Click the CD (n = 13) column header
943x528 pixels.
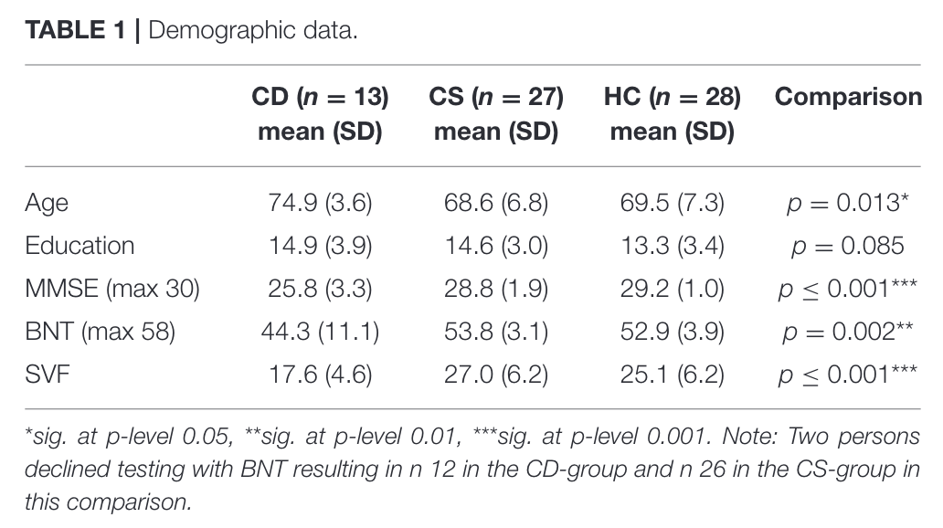320,113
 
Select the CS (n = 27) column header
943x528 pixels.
496,113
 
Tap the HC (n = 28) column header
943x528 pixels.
673,113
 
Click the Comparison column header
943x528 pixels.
848,97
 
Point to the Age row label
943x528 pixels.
47,204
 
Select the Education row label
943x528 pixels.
79,246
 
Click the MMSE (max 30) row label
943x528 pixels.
111,289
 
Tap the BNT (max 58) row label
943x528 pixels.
100,332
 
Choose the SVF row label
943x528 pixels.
48,374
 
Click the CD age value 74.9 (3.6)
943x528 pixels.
320,203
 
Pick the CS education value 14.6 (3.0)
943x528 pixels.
496,246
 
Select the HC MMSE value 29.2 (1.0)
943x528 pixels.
673,289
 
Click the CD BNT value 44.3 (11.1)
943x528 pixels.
320,332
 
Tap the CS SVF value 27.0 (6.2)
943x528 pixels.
496,374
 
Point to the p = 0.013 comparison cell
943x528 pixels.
847,203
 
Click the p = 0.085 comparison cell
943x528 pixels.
847,246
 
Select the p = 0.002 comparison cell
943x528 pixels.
847,332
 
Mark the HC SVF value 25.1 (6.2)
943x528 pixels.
673,374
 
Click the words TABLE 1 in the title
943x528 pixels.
75,30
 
